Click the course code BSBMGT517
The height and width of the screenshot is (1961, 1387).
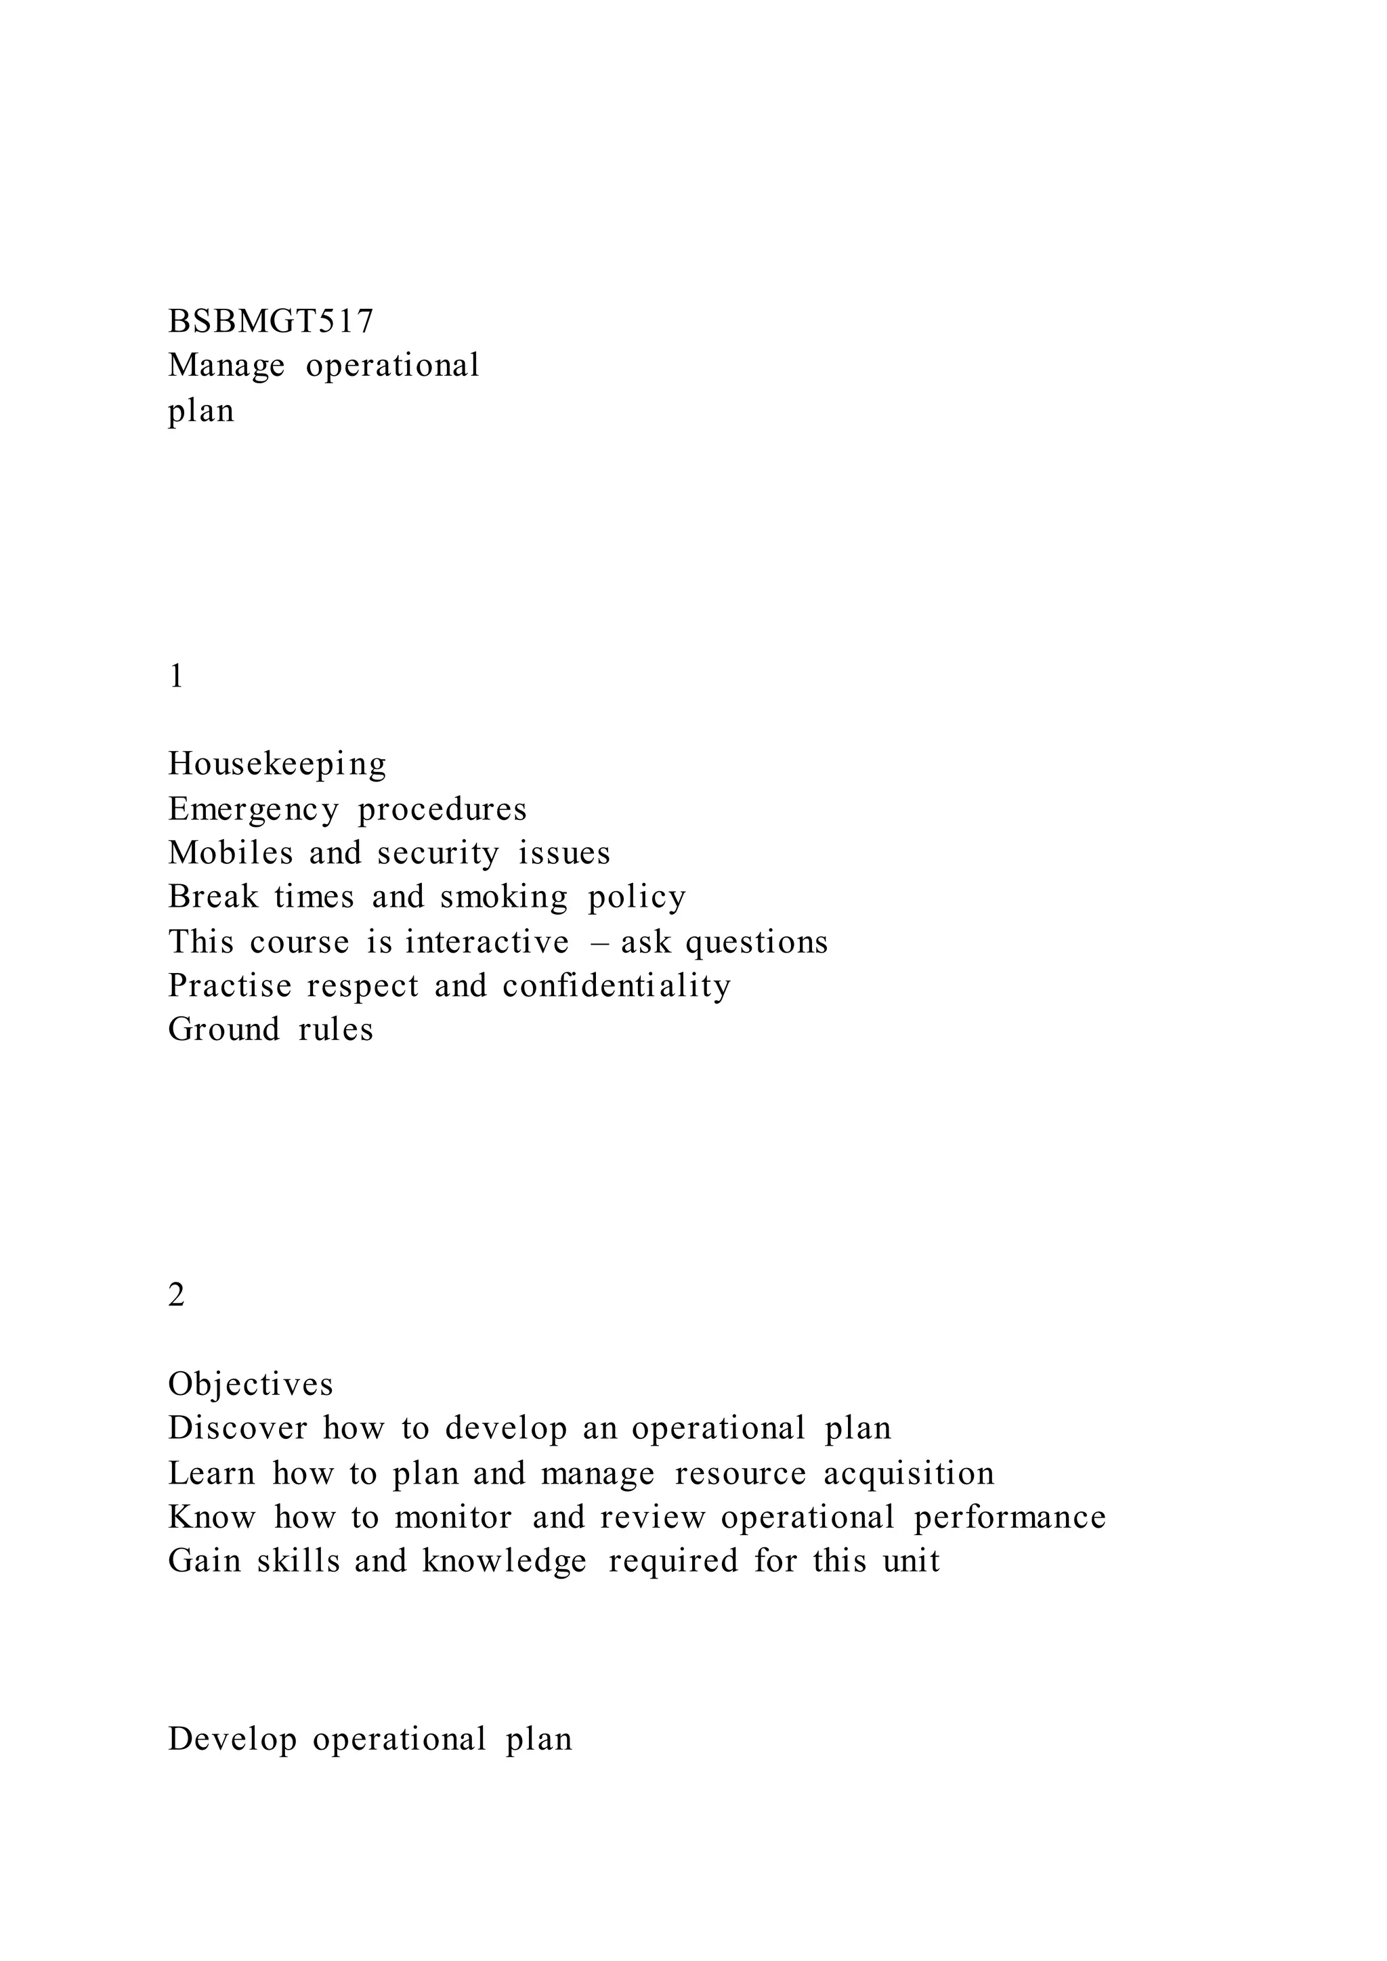(x=271, y=321)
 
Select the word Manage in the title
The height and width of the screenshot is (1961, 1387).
(x=226, y=366)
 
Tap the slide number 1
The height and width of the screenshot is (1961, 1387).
(x=177, y=676)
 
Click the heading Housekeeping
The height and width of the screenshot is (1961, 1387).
(x=277, y=764)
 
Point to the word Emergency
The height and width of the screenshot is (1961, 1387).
(x=253, y=809)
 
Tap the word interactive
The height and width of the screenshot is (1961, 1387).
(x=487, y=941)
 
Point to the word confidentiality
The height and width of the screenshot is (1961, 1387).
(x=617, y=986)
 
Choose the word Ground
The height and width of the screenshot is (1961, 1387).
(x=223, y=1029)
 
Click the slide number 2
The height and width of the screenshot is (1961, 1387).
(x=177, y=1295)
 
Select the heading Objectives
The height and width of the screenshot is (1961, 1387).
(x=250, y=1383)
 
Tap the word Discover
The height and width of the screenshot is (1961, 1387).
(x=238, y=1428)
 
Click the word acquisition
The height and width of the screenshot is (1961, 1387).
(x=909, y=1473)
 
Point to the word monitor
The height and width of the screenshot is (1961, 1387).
(x=454, y=1517)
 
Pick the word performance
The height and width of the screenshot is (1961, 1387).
(x=1010, y=1517)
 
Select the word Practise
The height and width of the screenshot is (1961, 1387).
(x=230, y=986)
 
